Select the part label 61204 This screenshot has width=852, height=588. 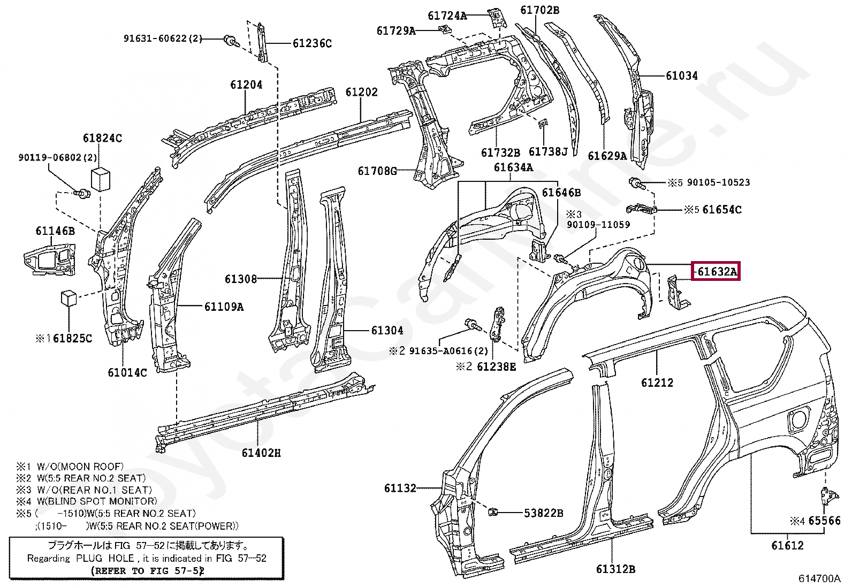(246, 85)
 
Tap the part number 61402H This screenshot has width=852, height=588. (261, 453)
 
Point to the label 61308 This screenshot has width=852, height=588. (241, 279)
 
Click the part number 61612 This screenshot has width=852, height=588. (787, 546)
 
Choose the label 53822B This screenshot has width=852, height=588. (543, 513)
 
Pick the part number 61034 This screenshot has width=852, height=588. (681, 76)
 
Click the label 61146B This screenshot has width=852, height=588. (55, 231)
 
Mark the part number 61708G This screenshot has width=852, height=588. (377, 171)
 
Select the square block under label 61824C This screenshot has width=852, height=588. (101, 179)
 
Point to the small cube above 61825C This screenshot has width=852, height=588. (69, 298)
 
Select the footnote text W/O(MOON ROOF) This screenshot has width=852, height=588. (80, 467)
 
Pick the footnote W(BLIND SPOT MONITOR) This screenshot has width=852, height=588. (97, 501)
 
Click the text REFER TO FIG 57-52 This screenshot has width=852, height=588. (148, 570)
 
